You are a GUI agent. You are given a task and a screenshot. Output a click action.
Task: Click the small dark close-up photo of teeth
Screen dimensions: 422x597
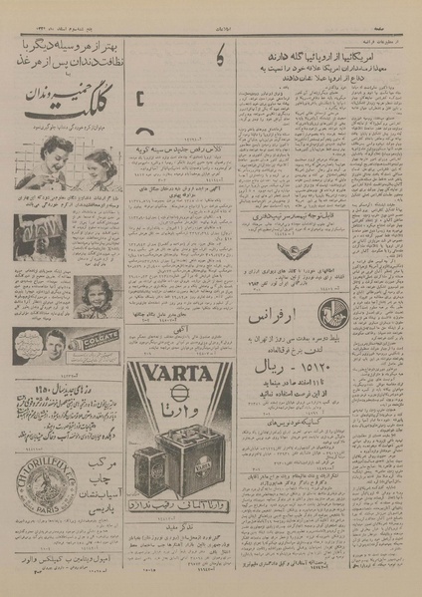click(x=32, y=240)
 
